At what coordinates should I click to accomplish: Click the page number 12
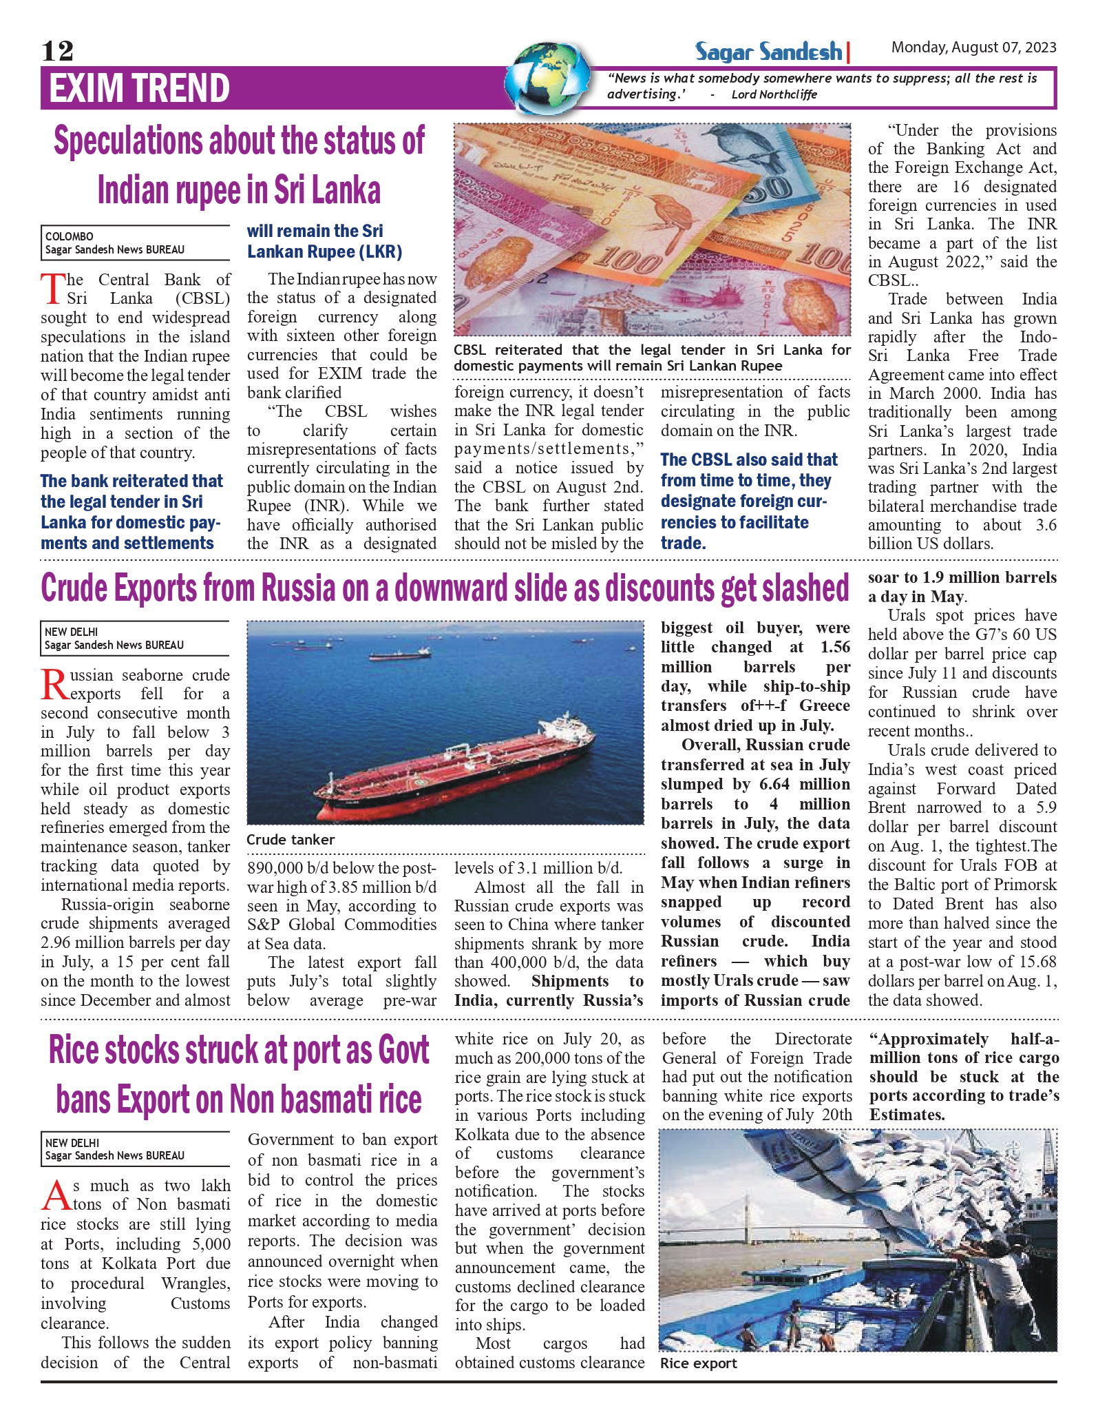pyautogui.click(x=57, y=50)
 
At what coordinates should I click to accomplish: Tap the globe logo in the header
pyautogui.click(x=547, y=78)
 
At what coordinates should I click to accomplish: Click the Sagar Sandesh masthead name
pyautogui.click(x=768, y=52)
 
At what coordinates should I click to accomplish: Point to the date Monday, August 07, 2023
pyautogui.click(x=973, y=48)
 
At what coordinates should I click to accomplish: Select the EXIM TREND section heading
pyautogui.click(x=140, y=88)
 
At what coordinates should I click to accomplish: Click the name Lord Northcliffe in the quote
pyautogui.click(x=774, y=94)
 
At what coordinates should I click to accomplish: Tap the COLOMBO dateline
pyautogui.click(x=70, y=236)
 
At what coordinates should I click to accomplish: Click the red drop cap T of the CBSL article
pyautogui.click(x=52, y=289)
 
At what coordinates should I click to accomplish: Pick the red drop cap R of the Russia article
pyautogui.click(x=54, y=684)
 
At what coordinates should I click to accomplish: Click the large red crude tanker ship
pyautogui.click(x=447, y=765)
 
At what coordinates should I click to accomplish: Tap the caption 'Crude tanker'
pyautogui.click(x=291, y=840)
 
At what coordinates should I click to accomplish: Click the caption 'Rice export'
pyautogui.click(x=698, y=1363)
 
